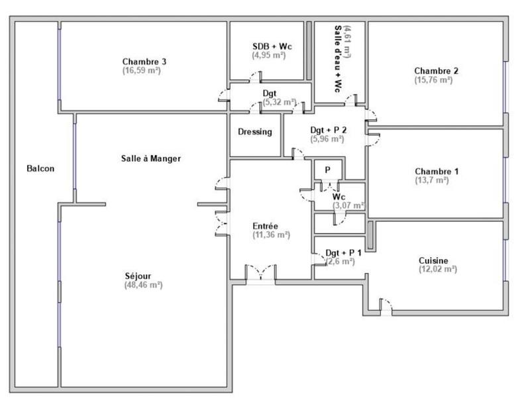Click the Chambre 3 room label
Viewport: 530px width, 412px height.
pyautogui.click(x=144, y=62)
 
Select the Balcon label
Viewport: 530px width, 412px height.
pyautogui.click(x=40, y=168)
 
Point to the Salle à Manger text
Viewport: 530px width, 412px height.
pyautogui.click(x=151, y=159)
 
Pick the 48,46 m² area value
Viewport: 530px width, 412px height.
pyautogui.click(x=143, y=285)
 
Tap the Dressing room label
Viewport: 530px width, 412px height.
pyautogui.click(x=255, y=132)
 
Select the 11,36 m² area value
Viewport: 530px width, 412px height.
pyautogui.click(x=271, y=234)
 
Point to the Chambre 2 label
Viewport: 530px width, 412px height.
pyautogui.click(x=437, y=71)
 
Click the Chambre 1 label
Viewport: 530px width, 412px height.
pyautogui.click(x=437, y=172)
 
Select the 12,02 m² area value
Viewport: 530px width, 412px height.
pyautogui.click(x=437, y=270)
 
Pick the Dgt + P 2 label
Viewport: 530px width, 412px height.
pyautogui.click(x=327, y=130)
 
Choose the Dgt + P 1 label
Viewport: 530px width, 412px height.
pyautogui.click(x=343, y=253)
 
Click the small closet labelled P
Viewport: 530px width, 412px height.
pyautogui.click(x=327, y=170)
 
